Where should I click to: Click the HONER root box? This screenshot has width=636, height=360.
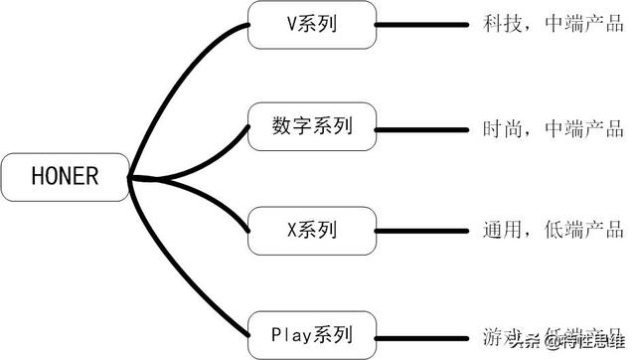[66, 178]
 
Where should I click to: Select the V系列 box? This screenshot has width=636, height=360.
[311, 24]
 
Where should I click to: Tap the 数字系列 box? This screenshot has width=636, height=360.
[311, 126]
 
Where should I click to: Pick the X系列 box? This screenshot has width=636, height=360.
[311, 231]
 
